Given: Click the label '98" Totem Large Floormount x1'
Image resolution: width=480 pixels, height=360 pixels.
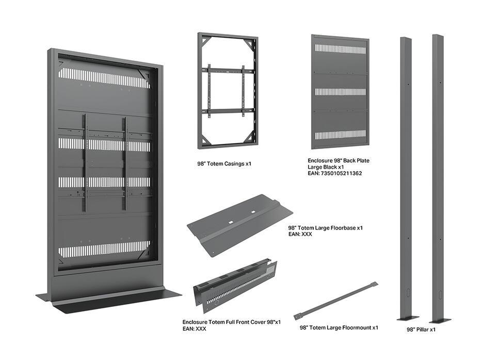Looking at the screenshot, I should [x=339, y=327].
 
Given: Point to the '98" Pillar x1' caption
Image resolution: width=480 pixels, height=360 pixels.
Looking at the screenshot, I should [x=421, y=329].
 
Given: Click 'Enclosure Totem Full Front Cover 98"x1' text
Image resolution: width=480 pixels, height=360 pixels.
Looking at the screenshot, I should [x=231, y=322].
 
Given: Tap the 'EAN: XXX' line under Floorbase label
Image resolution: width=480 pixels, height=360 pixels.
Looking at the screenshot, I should [x=300, y=234].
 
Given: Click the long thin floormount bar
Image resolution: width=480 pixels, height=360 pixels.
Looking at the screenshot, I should [x=335, y=300].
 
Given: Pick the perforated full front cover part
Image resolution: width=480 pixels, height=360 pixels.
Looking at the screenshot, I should [x=235, y=286].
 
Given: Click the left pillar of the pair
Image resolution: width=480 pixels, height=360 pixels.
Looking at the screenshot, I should [x=407, y=175].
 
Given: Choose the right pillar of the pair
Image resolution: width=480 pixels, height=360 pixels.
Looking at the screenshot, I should [x=439, y=175].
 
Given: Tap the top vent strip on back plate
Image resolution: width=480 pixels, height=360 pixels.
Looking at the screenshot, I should [x=340, y=50].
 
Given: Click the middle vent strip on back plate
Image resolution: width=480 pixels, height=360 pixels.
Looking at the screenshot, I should [x=340, y=92].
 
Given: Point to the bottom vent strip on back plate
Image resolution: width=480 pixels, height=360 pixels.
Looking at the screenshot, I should [x=340, y=135].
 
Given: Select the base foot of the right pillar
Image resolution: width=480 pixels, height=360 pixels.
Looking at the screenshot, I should [x=440, y=320].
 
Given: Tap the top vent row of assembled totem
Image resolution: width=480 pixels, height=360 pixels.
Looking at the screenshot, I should [x=104, y=78].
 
